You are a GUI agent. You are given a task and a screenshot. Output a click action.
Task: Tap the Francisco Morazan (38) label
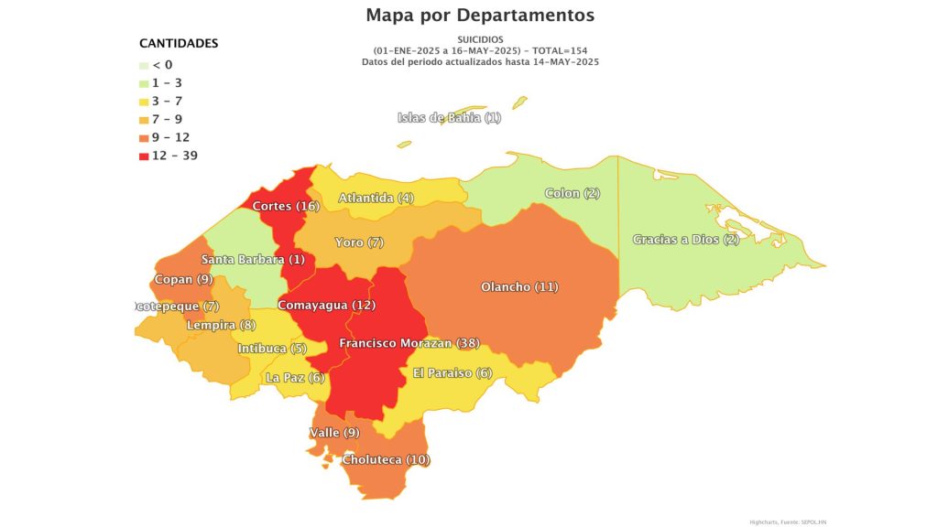pos(409,344)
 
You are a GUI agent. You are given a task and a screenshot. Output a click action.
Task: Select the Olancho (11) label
pos(519,287)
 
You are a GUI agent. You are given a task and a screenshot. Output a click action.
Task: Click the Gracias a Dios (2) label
pos(685,240)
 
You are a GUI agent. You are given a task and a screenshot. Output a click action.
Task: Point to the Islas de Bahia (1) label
pos(450,118)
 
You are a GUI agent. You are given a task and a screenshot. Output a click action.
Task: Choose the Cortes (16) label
pos(286,206)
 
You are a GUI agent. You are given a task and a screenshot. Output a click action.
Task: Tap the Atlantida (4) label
pos(376,199)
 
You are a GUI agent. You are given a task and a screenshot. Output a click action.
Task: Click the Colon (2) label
pos(573,193)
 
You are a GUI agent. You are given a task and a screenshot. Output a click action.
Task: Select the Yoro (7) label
pos(360,242)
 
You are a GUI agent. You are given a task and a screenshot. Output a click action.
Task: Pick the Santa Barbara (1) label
pos(253,260)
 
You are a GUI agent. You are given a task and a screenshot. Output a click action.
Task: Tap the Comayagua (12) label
pos(326,305)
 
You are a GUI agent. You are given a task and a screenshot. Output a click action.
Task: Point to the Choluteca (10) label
pos(385,459)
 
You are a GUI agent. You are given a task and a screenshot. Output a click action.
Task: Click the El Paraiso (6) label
pos(453,373)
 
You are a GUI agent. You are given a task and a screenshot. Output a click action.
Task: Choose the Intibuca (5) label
pos(271,349)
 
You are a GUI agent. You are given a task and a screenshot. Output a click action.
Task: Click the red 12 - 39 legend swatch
pos(144,156)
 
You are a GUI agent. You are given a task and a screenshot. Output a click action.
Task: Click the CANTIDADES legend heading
pos(179,43)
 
